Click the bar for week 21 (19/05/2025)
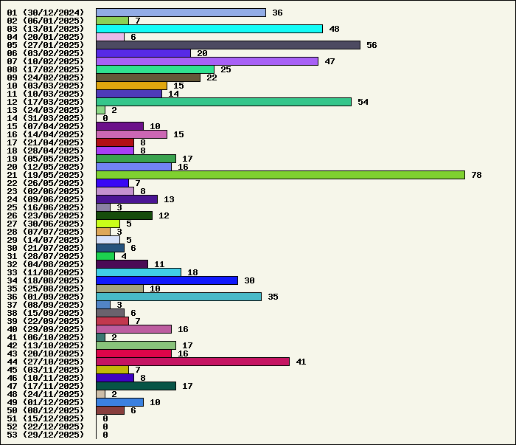pyautogui.click(x=280, y=175)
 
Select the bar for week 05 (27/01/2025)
pyautogui.click(x=228, y=45)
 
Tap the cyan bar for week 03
pyautogui.click(x=209, y=29)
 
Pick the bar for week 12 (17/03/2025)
pyautogui.click(x=223, y=102)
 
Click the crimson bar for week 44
pyautogui.click(x=192, y=362)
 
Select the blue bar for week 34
pyautogui.click(x=167, y=280)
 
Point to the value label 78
pyautogui.click(x=476, y=175)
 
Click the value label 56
pyautogui.click(x=372, y=45)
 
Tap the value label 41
pyautogui.click(x=301, y=362)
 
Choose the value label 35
pyautogui.click(x=273, y=297)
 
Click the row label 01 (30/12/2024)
pyautogui.click(x=46, y=13)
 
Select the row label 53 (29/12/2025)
pyautogui.click(x=46, y=435)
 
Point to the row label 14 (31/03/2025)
pyautogui.click(x=46, y=118)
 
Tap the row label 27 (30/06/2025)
pyautogui.click(x=46, y=224)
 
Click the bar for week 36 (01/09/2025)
pyautogui.click(x=178, y=297)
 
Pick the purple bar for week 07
pyautogui.click(x=207, y=61)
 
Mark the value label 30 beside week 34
pyautogui.click(x=249, y=280)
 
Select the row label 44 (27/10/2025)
pyautogui.click(x=46, y=362)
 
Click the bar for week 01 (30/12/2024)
pyautogui.click(x=181, y=13)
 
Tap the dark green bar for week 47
pyautogui.click(x=136, y=386)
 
